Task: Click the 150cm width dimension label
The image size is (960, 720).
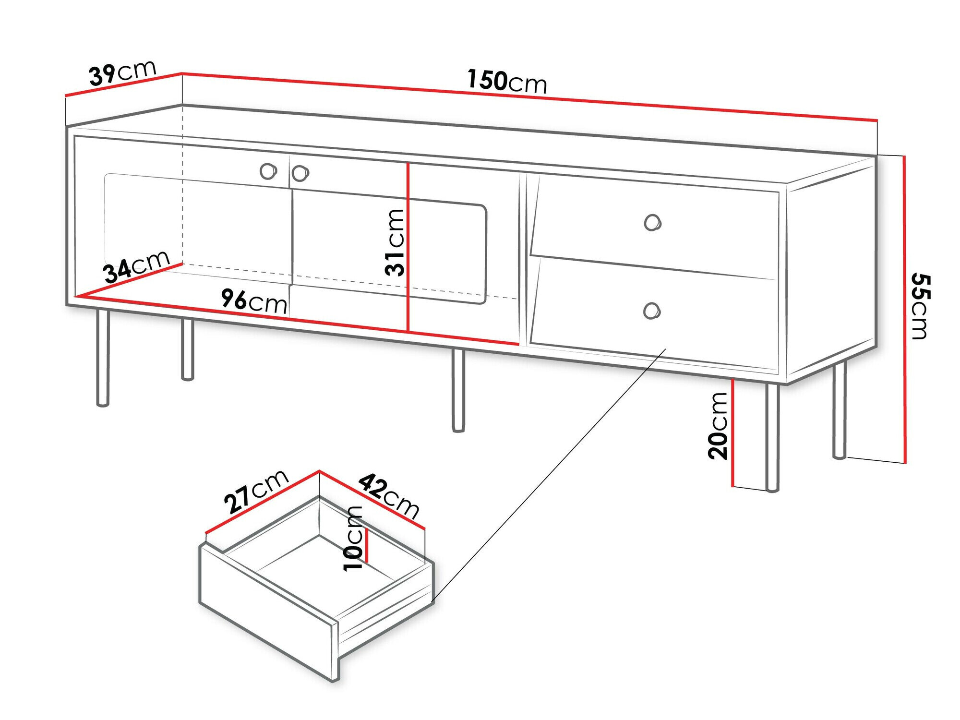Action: (x=507, y=82)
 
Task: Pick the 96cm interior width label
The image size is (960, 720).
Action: (x=254, y=301)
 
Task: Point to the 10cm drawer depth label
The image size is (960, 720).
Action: (x=354, y=538)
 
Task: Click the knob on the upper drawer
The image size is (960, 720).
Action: (x=652, y=223)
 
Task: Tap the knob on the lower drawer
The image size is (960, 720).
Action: (x=651, y=311)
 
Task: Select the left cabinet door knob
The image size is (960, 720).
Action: (x=267, y=171)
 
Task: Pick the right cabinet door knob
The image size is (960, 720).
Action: (x=300, y=173)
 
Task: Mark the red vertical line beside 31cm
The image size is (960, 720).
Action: (x=408, y=247)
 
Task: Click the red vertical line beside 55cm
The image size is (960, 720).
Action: (x=905, y=310)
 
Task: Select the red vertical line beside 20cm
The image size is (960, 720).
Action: (x=733, y=432)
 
